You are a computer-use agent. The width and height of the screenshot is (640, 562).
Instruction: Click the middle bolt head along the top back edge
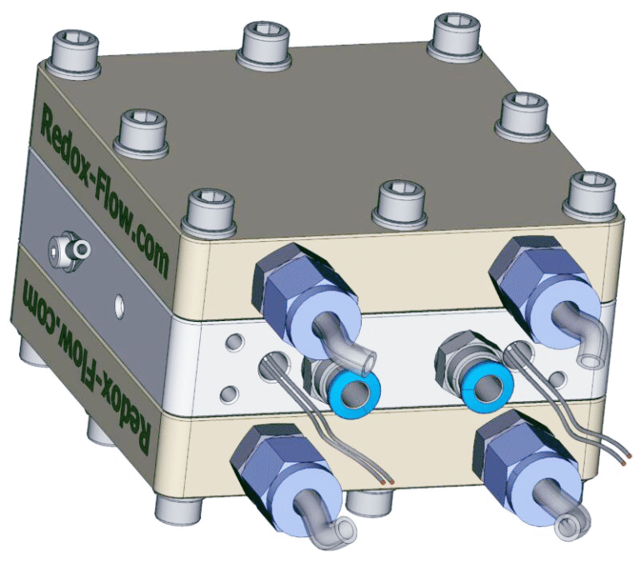(x=267, y=41)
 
